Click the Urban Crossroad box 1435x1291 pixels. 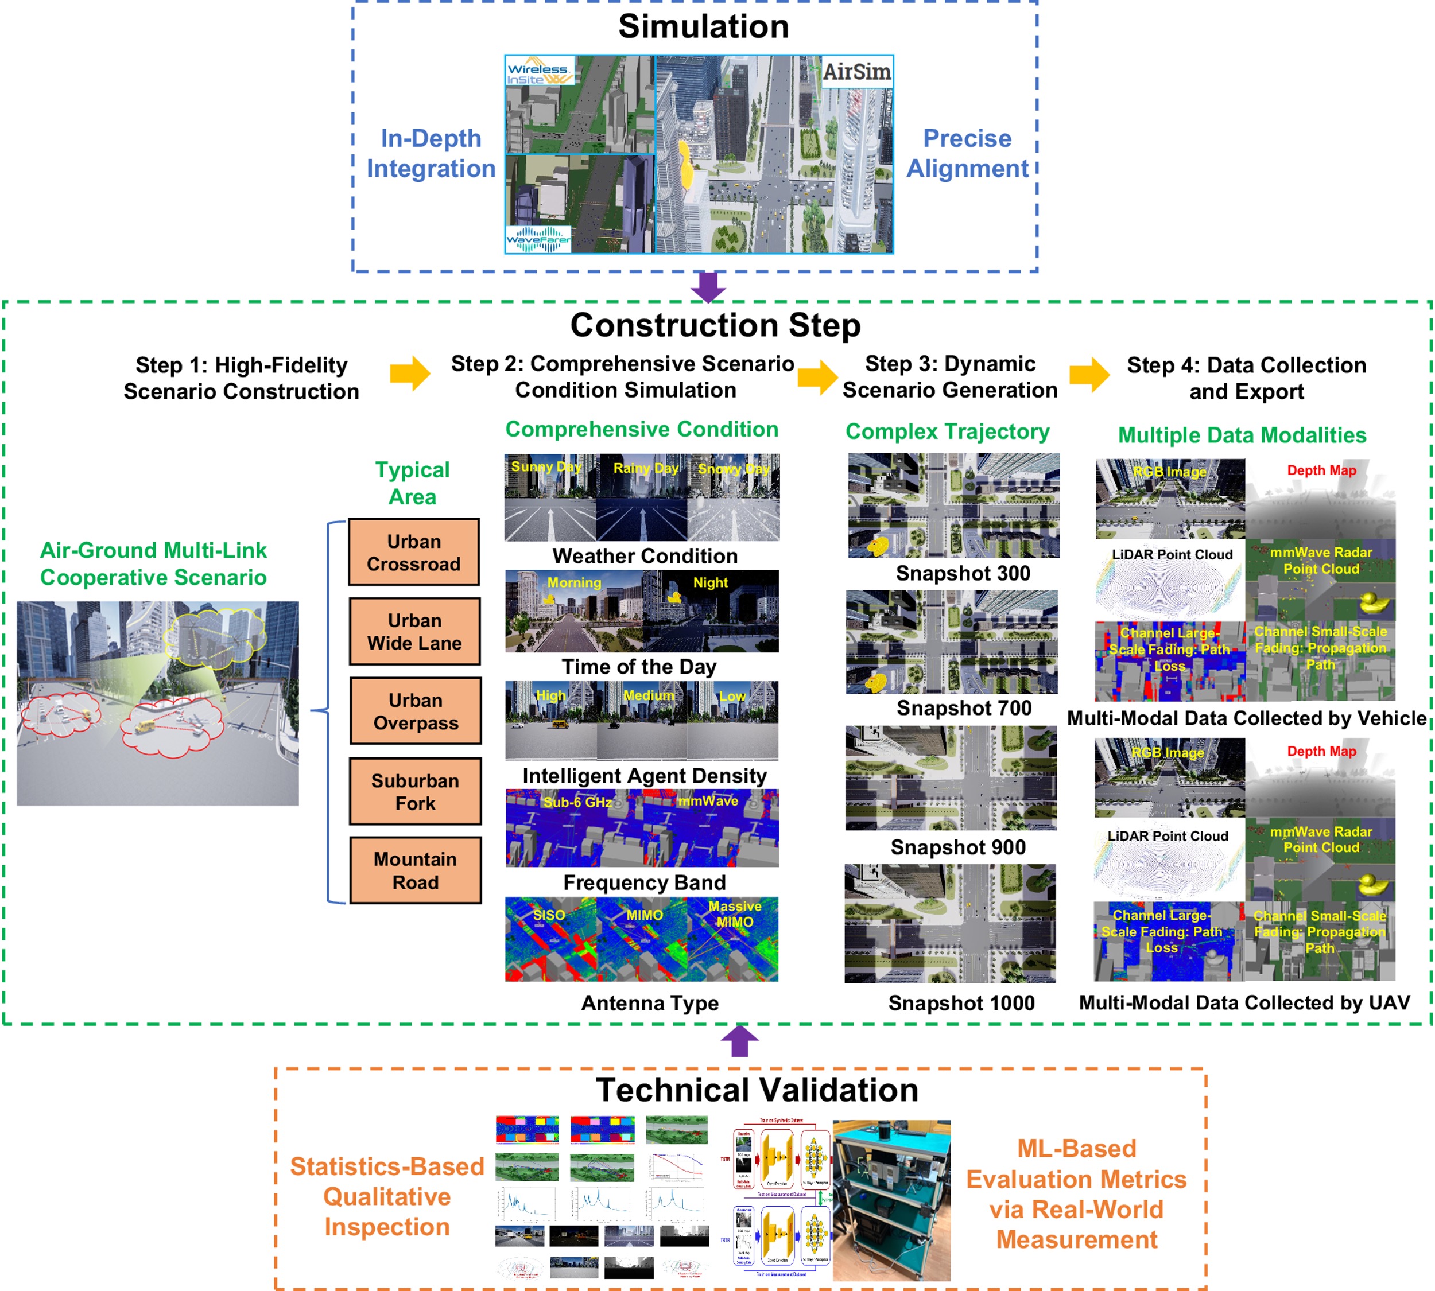tap(414, 553)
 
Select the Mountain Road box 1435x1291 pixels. tap(415, 870)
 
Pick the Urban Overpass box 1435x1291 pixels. tap(415, 711)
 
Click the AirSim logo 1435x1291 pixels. tap(856, 72)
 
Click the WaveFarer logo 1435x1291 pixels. tap(538, 239)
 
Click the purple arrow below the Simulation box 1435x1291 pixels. tap(708, 286)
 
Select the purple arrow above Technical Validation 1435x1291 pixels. tap(739, 1041)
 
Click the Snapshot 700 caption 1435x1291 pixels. tap(964, 708)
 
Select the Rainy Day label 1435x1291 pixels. tap(646, 468)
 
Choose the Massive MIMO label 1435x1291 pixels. tap(735, 915)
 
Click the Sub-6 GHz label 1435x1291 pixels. tap(577, 802)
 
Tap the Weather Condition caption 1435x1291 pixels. tap(645, 556)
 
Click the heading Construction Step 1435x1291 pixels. tap(715, 325)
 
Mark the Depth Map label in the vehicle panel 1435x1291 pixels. tap(1321, 470)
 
